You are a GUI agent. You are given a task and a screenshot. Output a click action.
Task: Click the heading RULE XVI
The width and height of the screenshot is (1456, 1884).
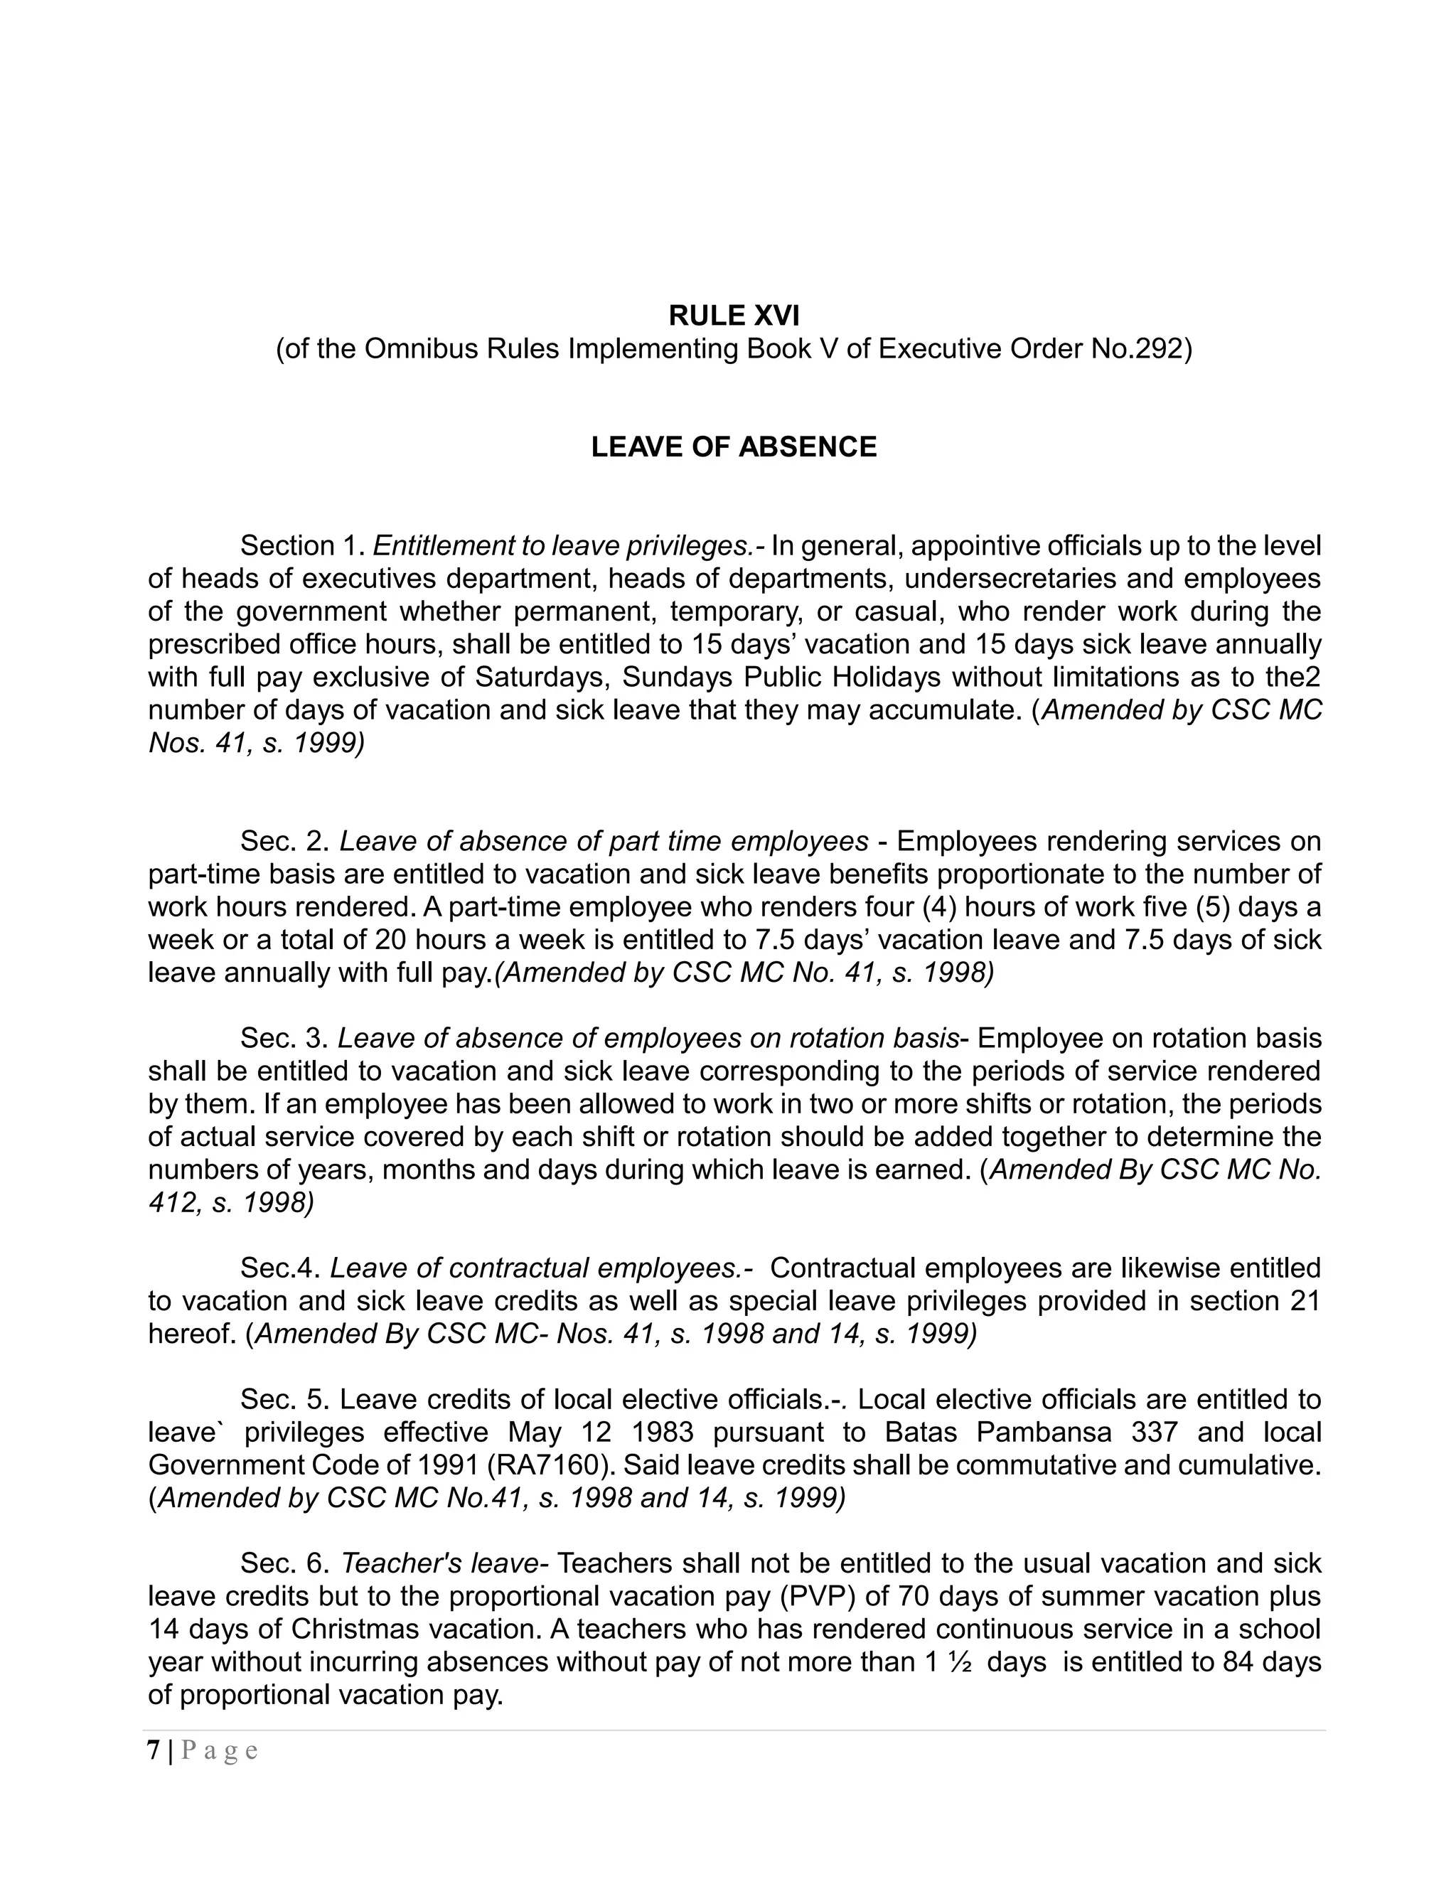point(733,316)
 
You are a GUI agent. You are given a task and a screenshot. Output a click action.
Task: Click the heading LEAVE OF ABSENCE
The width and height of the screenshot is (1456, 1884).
point(733,447)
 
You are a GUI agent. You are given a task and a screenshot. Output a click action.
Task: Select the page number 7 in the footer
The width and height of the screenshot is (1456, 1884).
point(154,1751)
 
